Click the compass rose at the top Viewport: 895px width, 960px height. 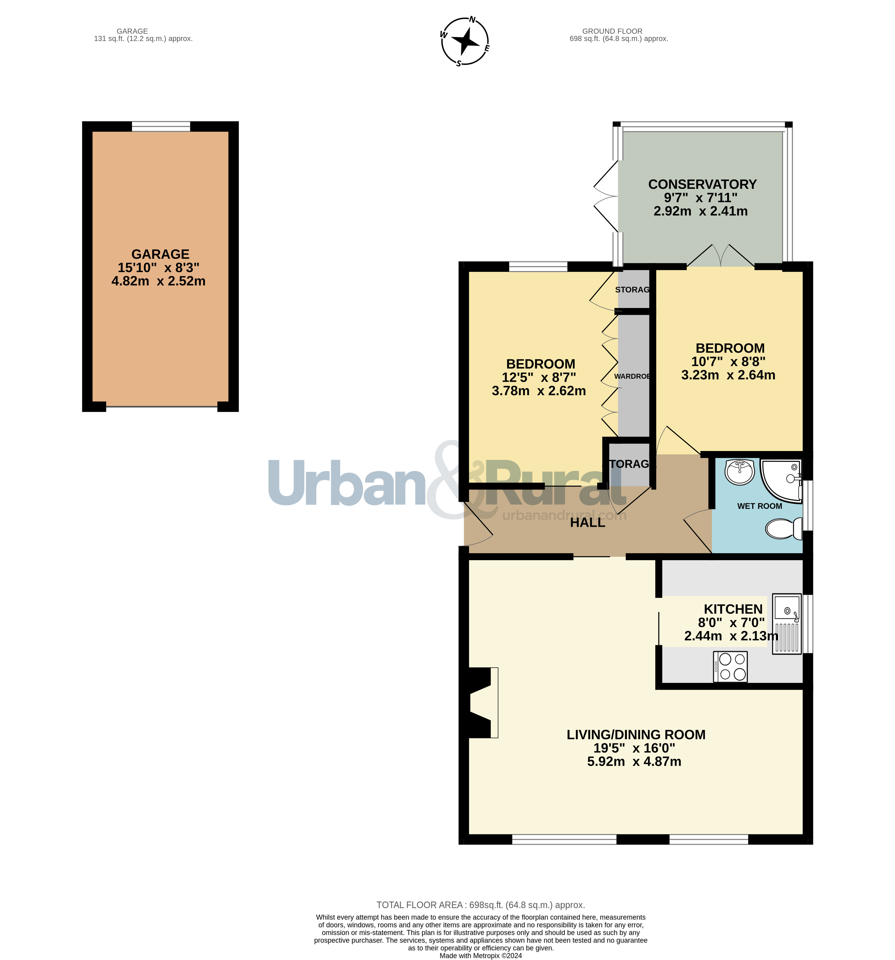[465, 41]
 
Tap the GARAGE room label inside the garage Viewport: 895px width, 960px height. [160, 254]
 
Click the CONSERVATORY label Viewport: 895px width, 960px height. [702, 185]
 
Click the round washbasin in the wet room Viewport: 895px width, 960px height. [740, 471]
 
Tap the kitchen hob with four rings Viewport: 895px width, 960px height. [730, 667]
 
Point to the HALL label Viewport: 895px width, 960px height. [587, 522]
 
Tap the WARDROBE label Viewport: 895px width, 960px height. [632, 376]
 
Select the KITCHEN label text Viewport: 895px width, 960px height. [733, 609]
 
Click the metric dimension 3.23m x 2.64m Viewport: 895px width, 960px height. [728, 375]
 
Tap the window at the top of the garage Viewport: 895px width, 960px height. [161, 127]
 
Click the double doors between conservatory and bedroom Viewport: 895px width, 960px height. [721, 256]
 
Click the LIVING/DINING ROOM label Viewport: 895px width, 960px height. [636, 734]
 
